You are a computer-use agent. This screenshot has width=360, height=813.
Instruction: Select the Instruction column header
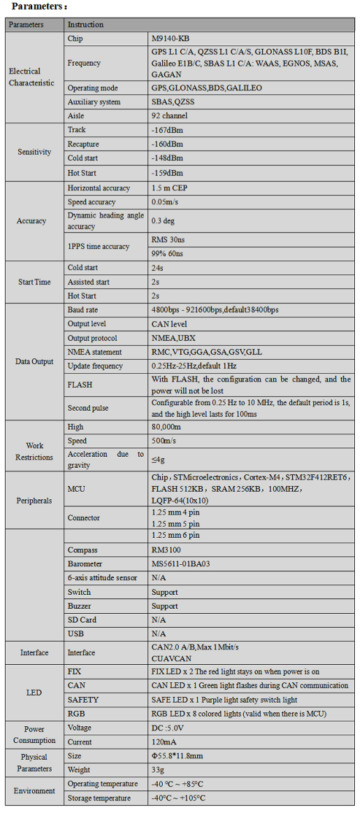pos(85,24)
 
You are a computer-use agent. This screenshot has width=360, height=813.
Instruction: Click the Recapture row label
pos(83,144)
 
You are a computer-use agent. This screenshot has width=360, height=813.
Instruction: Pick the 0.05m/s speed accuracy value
pos(166,202)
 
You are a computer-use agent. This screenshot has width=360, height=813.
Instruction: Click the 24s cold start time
pos(157,268)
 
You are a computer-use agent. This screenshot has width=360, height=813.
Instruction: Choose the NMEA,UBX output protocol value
pos(173,338)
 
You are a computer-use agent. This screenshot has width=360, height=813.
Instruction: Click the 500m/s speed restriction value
pos(163,441)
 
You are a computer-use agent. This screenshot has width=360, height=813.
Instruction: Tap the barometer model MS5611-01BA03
pos(180,563)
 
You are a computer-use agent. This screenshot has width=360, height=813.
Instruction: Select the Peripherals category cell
pos(34,501)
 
